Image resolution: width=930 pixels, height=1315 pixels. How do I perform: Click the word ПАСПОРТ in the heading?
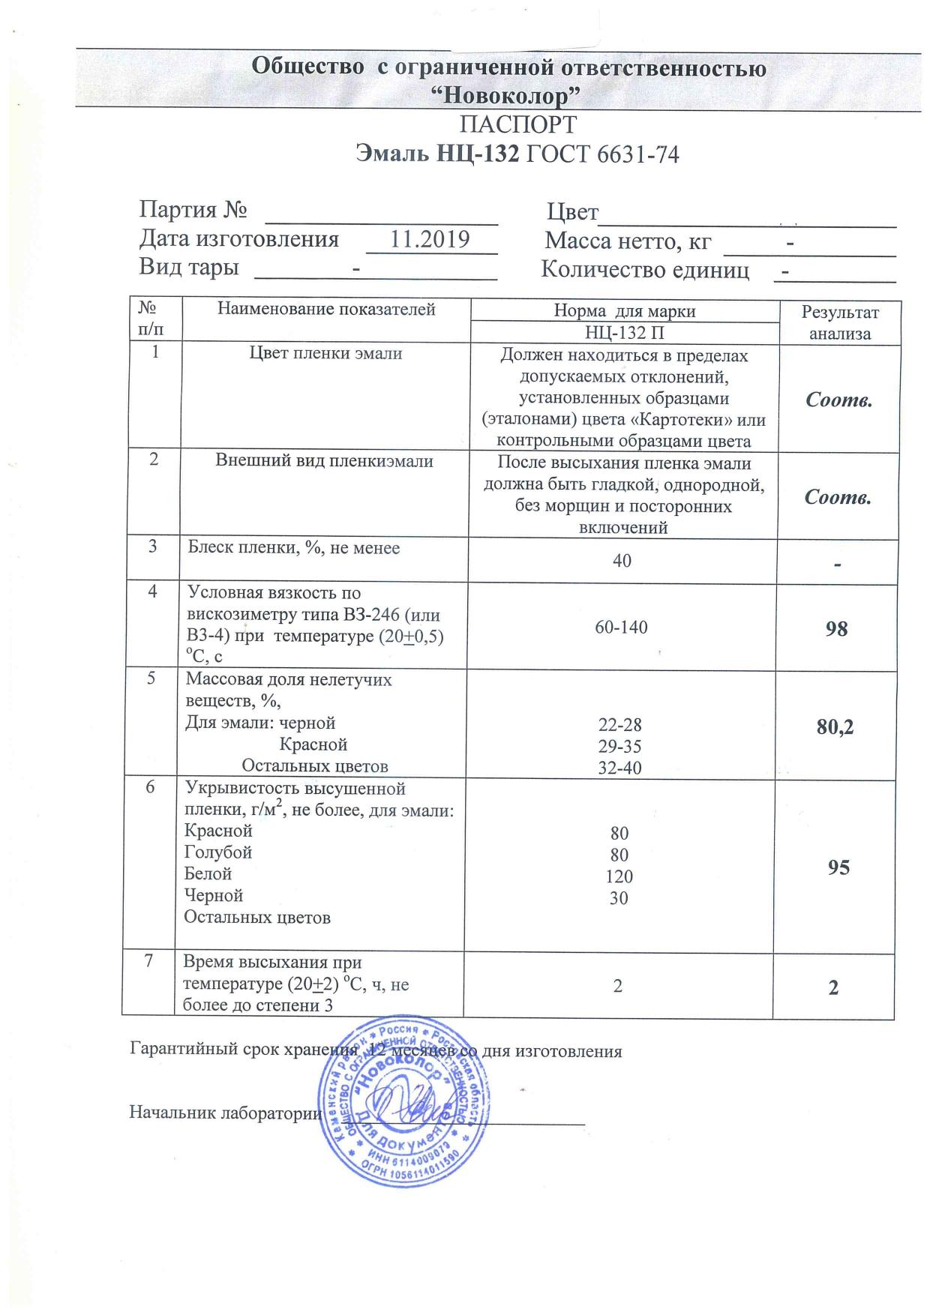(x=517, y=124)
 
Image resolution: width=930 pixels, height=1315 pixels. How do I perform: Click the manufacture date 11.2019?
(x=430, y=240)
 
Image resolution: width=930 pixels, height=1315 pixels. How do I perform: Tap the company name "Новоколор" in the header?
(x=509, y=95)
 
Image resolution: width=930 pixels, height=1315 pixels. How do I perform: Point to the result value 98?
(x=836, y=629)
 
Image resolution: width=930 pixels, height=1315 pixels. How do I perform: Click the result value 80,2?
(x=836, y=726)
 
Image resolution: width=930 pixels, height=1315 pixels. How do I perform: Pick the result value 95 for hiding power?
(x=838, y=867)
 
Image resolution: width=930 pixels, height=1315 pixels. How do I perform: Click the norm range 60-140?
(x=621, y=628)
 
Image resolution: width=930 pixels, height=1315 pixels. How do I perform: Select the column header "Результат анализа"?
(x=840, y=323)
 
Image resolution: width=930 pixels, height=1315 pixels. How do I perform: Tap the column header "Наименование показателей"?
(x=326, y=309)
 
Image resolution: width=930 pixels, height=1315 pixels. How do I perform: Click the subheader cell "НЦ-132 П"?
(x=624, y=333)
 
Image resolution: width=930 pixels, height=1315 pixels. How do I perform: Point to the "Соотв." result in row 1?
(x=838, y=400)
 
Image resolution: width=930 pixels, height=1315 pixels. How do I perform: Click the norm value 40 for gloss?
(x=622, y=560)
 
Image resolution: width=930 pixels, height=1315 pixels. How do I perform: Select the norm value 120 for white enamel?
(x=619, y=876)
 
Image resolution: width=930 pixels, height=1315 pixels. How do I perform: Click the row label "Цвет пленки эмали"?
(x=325, y=354)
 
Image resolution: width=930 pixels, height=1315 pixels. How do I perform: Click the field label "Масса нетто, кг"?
(x=627, y=242)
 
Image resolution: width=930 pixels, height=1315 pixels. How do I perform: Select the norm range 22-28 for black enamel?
(x=620, y=726)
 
